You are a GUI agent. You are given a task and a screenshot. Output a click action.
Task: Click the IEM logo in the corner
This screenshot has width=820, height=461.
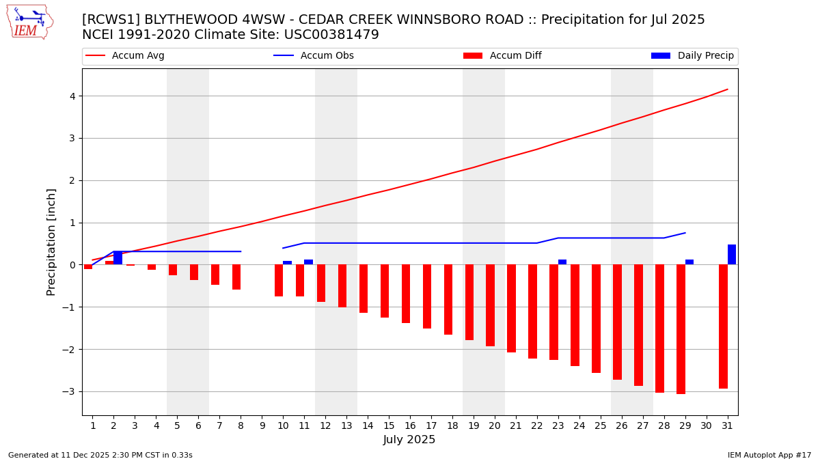(x=29, y=22)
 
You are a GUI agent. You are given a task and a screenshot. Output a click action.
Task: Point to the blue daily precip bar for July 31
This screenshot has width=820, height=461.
(x=732, y=255)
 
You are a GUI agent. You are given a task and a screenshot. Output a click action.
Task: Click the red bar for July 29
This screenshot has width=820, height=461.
(x=681, y=329)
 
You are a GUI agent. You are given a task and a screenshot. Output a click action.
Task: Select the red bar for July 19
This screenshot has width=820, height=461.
(x=469, y=302)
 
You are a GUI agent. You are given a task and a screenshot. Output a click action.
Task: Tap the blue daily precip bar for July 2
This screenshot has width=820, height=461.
(x=118, y=258)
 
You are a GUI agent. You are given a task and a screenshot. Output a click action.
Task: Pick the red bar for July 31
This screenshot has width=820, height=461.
(x=723, y=326)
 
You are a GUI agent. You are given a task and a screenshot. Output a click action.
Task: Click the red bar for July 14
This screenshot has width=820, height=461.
(x=364, y=288)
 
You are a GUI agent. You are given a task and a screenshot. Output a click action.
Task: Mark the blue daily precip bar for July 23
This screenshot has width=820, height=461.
(x=562, y=262)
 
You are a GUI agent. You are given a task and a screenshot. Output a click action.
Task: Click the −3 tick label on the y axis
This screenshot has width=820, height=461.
(x=71, y=392)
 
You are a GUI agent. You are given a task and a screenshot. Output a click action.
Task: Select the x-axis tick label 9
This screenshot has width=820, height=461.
(x=262, y=425)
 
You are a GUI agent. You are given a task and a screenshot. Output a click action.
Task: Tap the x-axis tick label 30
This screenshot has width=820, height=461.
(x=707, y=425)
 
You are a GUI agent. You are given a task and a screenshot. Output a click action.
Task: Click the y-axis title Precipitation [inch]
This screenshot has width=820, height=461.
(x=51, y=242)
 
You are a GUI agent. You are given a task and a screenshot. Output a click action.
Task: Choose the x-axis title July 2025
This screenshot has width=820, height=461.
(x=409, y=440)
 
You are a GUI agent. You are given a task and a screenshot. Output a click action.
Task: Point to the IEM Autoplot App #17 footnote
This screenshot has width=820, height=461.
(x=769, y=455)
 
